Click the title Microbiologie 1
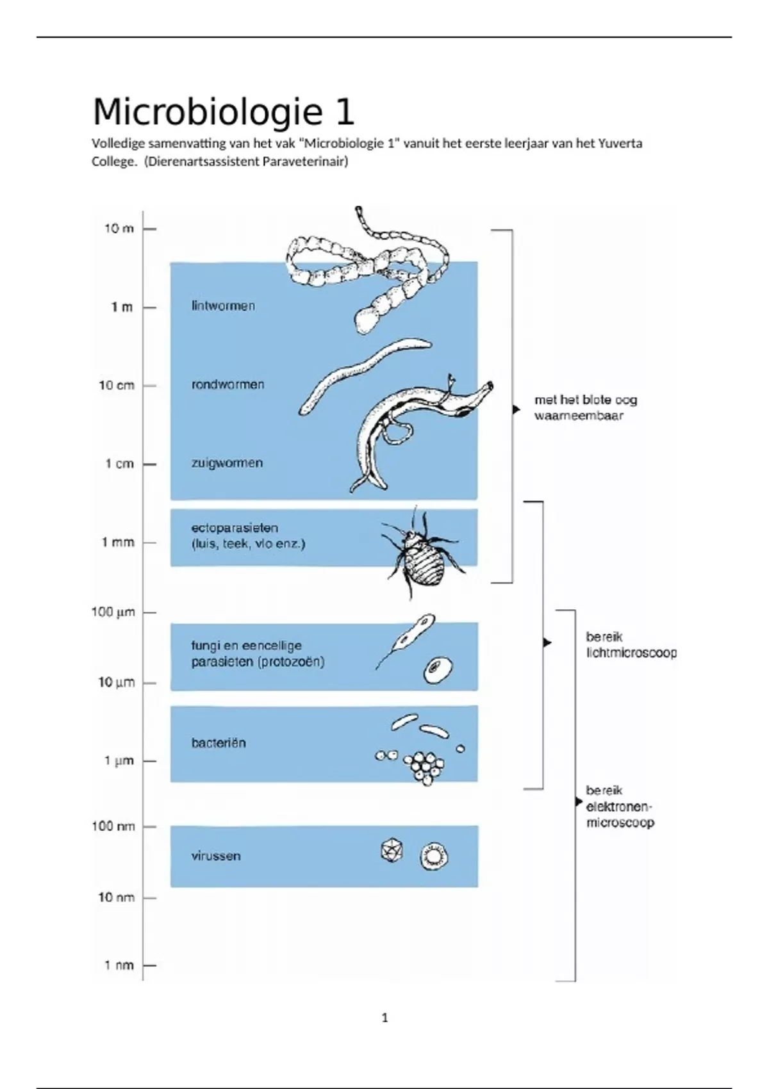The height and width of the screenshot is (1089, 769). coord(223,112)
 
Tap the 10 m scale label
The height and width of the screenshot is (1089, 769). coord(119,229)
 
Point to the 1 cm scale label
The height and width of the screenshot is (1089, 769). coord(119,464)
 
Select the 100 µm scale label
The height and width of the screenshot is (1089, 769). coord(113,612)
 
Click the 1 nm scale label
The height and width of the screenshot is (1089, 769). coord(119,965)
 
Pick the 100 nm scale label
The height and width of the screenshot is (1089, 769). coord(113,826)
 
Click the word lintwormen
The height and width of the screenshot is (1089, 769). coord(223,306)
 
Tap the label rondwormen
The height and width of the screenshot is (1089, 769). coord(227,385)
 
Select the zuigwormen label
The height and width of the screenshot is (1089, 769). coord(227,463)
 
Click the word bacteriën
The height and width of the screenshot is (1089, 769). coord(219,743)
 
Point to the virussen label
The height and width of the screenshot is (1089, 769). coord(216,856)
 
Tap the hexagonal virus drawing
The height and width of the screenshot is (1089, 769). coord(392,851)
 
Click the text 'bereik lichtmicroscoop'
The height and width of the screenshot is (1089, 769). coord(631,645)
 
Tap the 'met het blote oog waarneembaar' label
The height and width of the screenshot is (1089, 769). coord(586,407)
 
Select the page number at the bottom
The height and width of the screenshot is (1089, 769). coord(384,1018)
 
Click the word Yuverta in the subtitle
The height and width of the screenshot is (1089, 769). coord(620,143)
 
